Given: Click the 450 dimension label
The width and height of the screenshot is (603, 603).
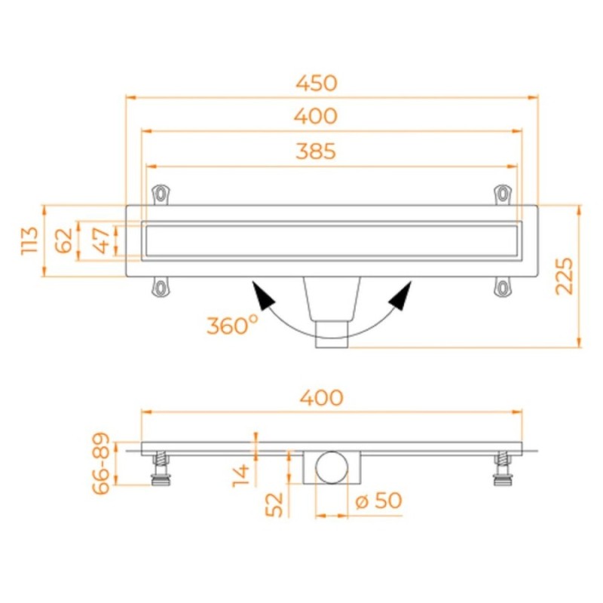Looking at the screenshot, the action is coord(316,84).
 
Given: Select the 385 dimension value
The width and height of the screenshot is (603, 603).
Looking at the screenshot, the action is coord(316,152).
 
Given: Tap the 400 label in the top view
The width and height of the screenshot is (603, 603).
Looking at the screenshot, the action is coord(316,116).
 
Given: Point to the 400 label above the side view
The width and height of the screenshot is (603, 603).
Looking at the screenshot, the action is coord(322,398).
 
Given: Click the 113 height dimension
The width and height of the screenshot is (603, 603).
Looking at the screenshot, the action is coord(30,240).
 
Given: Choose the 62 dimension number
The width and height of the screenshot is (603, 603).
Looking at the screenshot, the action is coord(64,240).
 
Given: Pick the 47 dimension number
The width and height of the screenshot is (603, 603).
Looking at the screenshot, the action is coord(102,240).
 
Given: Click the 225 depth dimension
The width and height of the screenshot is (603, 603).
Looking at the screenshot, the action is coord(565,276).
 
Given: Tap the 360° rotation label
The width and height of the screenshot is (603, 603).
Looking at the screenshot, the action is coord(232,326).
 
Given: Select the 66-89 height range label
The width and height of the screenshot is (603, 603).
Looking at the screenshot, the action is coord(102,464).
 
